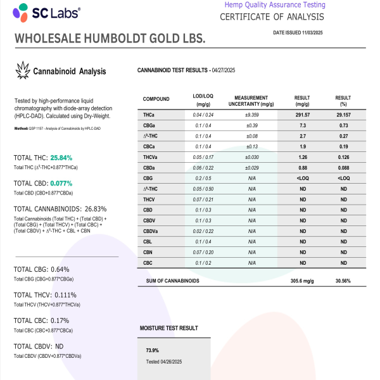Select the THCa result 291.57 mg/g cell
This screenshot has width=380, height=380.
[x=302, y=115]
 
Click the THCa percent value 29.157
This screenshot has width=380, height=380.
[x=343, y=115]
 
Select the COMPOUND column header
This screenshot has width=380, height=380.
[x=156, y=99]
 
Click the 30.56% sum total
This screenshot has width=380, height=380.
[x=343, y=280]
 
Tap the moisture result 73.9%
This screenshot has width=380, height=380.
[x=152, y=350]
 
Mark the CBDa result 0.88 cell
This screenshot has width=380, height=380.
[x=302, y=167]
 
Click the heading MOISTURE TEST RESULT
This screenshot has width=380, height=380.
[x=168, y=329]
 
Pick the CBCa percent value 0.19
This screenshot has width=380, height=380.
[x=343, y=146]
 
